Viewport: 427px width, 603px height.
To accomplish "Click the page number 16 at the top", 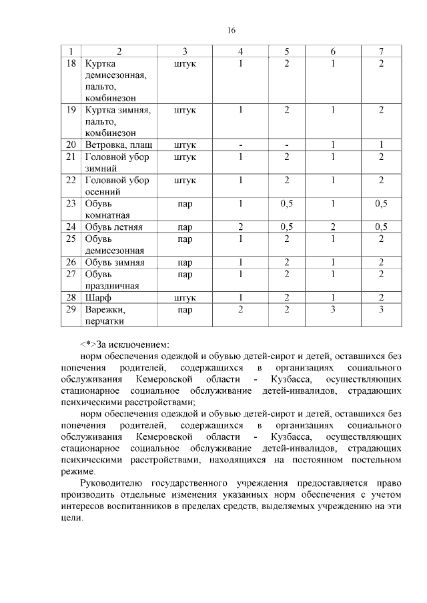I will pyautogui.click(x=232, y=30).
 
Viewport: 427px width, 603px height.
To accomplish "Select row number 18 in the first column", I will pyautogui.click(x=72, y=63).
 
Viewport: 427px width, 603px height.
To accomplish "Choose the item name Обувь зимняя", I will pyautogui.click(x=115, y=263).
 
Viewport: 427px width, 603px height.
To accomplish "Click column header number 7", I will pyautogui.click(x=381, y=52).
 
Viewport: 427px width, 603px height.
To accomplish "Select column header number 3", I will pyautogui.click(x=185, y=52).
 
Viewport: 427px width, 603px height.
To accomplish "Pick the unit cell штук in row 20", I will pyautogui.click(x=185, y=145).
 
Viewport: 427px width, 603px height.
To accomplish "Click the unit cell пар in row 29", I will pyautogui.click(x=185, y=310).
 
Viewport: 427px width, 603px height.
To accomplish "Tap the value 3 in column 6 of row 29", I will pyautogui.click(x=333, y=310).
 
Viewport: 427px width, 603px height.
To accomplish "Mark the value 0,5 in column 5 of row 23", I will pyautogui.click(x=286, y=203).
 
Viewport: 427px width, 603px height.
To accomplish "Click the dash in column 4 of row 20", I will pyautogui.click(x=240, y=145).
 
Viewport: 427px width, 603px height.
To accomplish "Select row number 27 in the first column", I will pyautogui.click(x=72, y=274).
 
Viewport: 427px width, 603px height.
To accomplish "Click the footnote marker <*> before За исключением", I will pyautogui.click(x=88, y=345).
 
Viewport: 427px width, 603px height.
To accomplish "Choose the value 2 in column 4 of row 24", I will pyautogui.click(x=240, y=227).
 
